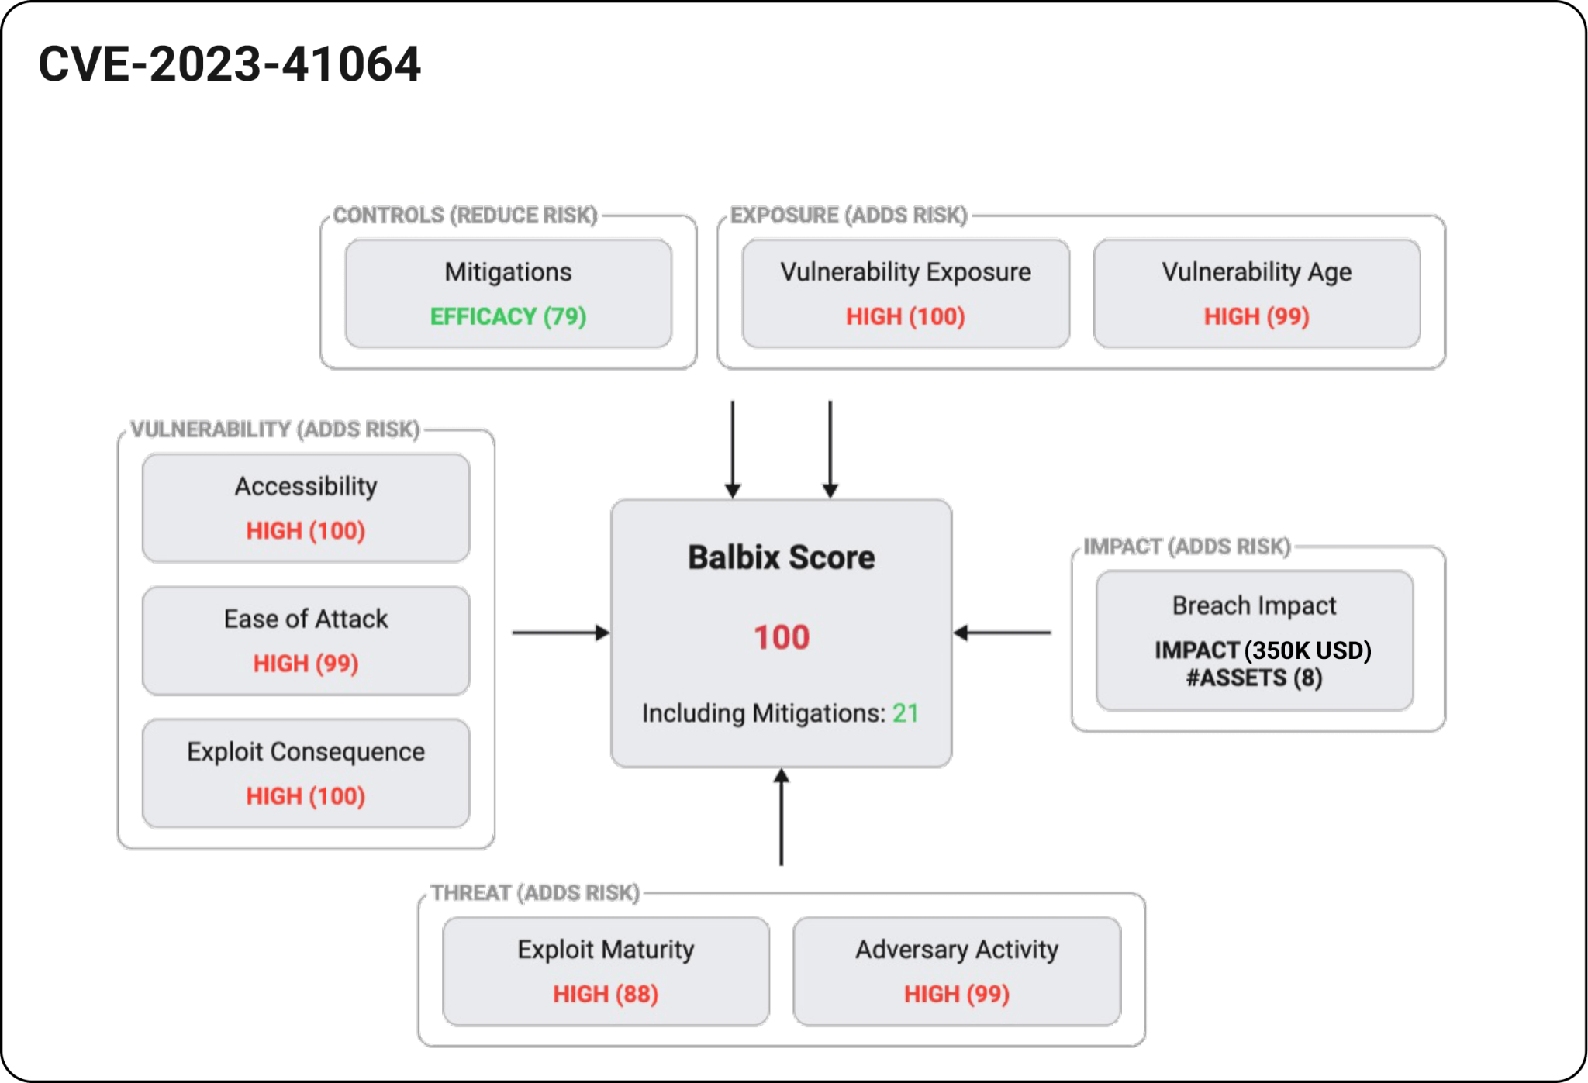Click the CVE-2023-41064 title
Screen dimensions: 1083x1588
point(230,64)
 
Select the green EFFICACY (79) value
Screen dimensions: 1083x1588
point(508,316)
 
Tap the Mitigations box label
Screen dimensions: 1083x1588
point(508,272)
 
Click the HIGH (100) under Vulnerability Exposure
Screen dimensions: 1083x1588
point(905,316)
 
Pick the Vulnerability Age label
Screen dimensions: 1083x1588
point(1256,272)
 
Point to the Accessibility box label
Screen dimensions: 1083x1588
point(306,486)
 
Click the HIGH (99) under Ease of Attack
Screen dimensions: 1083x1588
point(306,664)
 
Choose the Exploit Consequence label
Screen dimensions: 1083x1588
point(306,752)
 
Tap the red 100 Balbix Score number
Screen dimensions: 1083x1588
point(782,637)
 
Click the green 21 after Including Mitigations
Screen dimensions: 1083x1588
point(905,713)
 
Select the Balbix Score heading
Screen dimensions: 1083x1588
point(782,557)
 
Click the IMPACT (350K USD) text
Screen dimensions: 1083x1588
point(1262,650)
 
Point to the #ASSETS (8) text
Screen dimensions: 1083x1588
point(1254,678)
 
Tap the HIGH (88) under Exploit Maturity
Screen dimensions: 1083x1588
point(606,994)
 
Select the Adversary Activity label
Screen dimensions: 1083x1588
point(957,950)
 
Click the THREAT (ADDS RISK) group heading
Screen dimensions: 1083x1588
point(535,893)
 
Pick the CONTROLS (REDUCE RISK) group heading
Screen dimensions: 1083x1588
point(465,216)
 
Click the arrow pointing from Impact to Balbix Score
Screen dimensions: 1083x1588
point(1002,633)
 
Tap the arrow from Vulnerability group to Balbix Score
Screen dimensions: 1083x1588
point(561,633)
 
